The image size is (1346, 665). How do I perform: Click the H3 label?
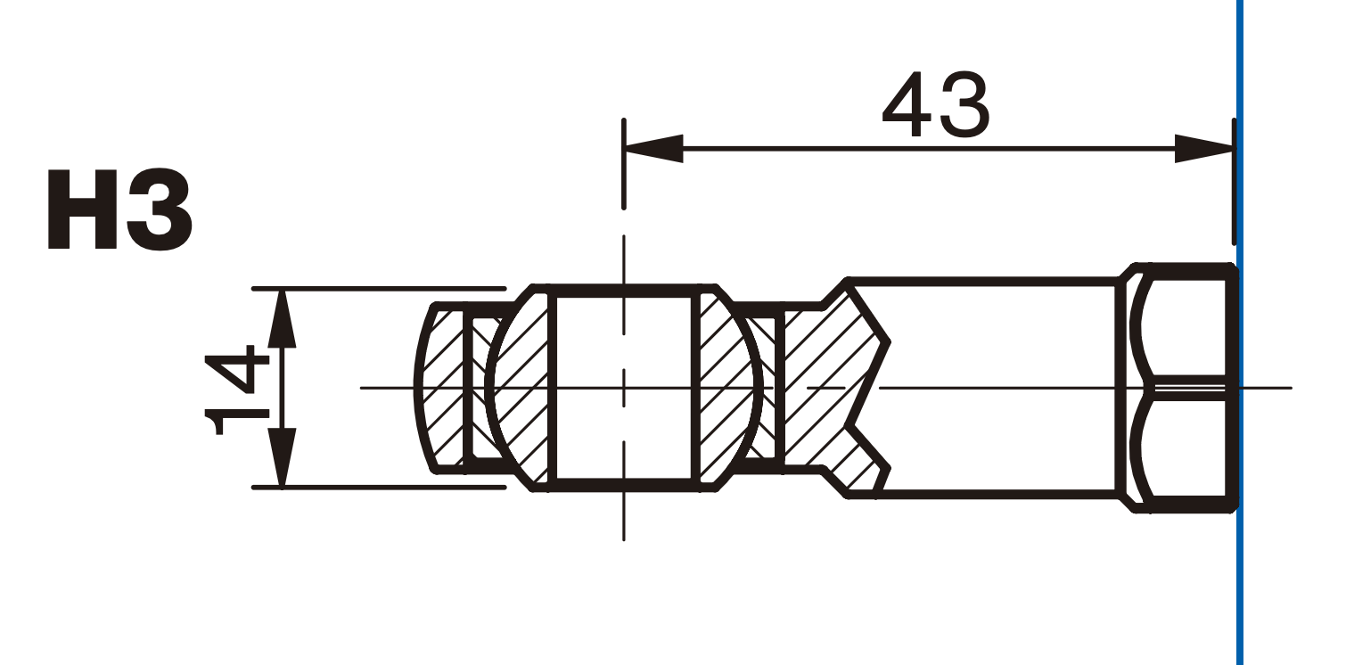click(x=119, y=209)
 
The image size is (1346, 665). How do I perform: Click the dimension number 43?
click(x=936, y=104)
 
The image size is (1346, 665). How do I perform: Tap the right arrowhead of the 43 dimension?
click(x=1204, y=148)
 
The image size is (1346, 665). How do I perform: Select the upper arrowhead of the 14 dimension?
click(x=282, y=318)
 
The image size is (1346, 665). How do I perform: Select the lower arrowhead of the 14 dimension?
click(x=282, y=457)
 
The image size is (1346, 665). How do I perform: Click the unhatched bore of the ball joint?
click(x=624, y=388)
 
